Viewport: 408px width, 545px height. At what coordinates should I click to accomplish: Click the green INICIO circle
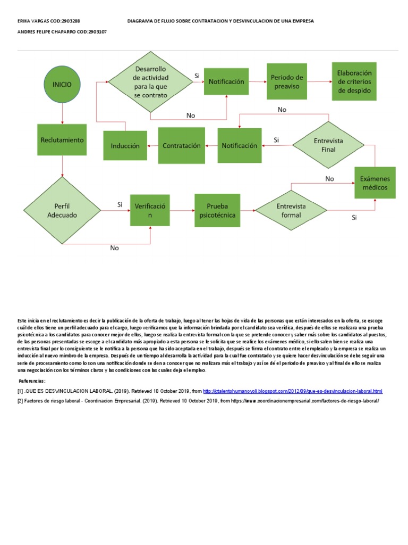63,84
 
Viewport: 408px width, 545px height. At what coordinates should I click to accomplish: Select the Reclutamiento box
63,140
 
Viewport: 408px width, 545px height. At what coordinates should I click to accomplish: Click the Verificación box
150,210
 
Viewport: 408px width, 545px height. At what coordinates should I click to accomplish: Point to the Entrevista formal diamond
291,210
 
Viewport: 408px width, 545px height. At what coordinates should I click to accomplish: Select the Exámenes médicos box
375,183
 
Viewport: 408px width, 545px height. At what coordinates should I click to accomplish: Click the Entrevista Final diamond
329,145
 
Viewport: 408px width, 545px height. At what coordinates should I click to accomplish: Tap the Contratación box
182,145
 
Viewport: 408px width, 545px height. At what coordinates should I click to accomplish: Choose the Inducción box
125,145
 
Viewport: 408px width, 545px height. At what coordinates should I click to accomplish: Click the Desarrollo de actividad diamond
151,82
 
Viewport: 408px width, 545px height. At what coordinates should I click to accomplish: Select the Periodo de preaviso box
287,81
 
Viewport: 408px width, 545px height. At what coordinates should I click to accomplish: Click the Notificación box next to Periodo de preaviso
226,82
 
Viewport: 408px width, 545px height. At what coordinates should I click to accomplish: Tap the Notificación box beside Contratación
239,145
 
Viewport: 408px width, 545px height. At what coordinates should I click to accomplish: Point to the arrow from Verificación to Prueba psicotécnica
182,211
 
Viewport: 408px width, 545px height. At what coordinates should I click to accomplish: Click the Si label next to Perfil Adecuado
120,204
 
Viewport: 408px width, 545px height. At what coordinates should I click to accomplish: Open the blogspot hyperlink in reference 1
293,391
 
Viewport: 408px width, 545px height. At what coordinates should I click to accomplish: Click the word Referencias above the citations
32,381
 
